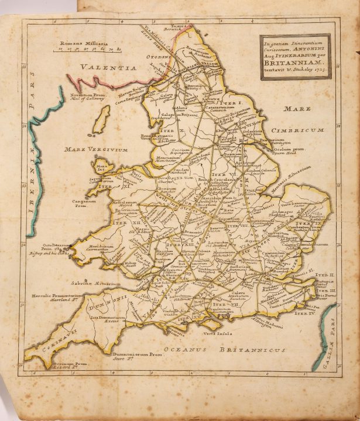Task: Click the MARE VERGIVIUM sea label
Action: pos(97,150)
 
